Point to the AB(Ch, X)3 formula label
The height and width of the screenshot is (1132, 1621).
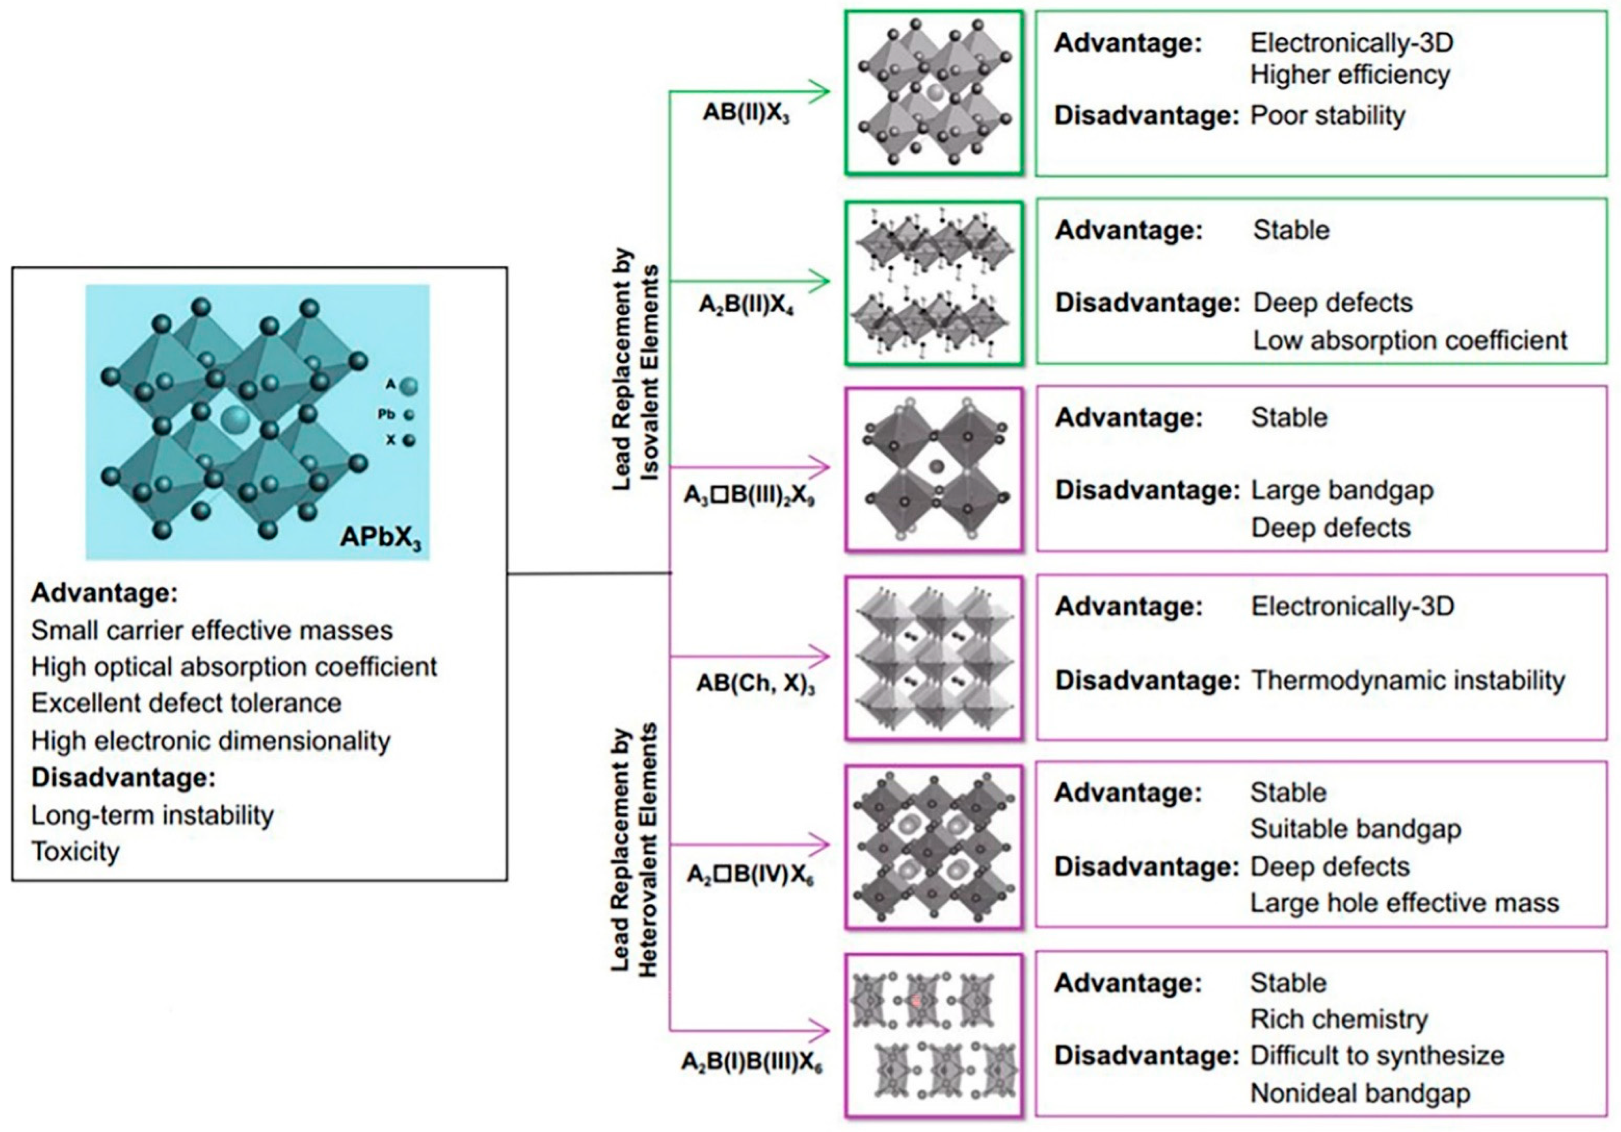[756, 684]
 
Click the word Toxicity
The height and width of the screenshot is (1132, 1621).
[75, 852]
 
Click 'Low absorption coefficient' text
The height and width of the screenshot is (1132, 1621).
[1409, 340]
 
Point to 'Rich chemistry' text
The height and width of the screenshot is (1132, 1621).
[1339, 1019]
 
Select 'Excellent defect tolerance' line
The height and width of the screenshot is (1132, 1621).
[186, 703]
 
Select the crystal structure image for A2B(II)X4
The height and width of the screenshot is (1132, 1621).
[933, 283]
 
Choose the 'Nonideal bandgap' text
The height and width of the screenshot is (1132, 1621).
[1360, 1093]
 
